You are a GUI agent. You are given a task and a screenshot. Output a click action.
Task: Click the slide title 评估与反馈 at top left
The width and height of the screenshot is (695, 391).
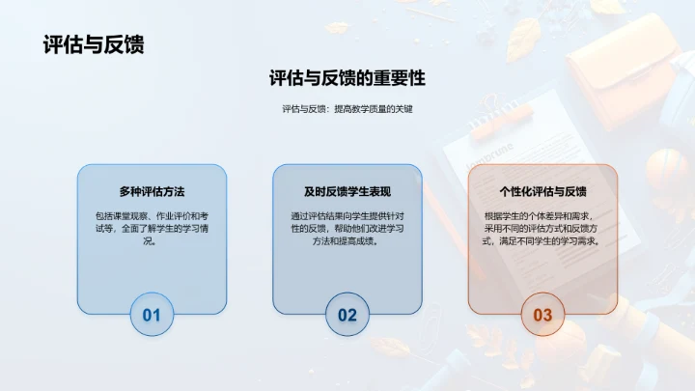coord(94,44)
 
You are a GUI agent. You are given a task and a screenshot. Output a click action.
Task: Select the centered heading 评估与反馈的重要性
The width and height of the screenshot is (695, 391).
coord(347,78)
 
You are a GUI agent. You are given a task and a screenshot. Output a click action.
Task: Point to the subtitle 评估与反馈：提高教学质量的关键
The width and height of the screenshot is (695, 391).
coord(347,110)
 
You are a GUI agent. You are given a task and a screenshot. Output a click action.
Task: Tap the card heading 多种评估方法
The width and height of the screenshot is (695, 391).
coord(152,191)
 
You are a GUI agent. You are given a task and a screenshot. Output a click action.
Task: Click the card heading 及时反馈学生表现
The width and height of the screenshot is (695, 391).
coord(347,191)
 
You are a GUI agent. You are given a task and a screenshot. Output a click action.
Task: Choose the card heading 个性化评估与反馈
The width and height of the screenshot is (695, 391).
coord(542,191)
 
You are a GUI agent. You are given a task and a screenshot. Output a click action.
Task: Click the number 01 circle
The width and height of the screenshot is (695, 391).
coord(152,314)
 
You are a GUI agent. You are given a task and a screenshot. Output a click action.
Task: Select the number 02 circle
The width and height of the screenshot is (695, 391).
coord(347,314)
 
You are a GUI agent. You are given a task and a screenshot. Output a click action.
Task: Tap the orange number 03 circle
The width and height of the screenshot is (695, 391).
coord(542,314)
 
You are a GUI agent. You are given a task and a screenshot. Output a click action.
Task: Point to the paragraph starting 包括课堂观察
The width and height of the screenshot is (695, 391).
coord(152,229)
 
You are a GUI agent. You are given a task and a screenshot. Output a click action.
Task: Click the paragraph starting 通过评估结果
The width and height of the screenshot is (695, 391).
coord(347,229)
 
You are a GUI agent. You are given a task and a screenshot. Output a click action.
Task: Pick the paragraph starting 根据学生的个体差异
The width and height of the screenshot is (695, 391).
coord(542,229)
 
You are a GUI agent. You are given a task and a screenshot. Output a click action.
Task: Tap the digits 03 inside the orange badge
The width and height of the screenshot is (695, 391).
coord(542,314)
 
